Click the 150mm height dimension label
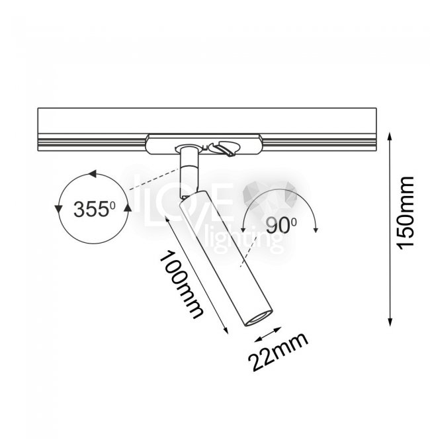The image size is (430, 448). (406, 213)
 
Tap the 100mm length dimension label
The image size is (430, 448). (181, 285)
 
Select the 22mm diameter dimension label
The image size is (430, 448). (278, 352)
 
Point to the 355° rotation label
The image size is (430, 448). (95, 209)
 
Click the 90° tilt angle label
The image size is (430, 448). (281, 225)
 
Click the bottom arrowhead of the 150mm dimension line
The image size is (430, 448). (390, 322)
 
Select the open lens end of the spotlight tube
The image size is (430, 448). (259, 318)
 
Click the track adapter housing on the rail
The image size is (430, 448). (204, 144)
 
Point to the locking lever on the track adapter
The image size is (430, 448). (225, 149)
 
